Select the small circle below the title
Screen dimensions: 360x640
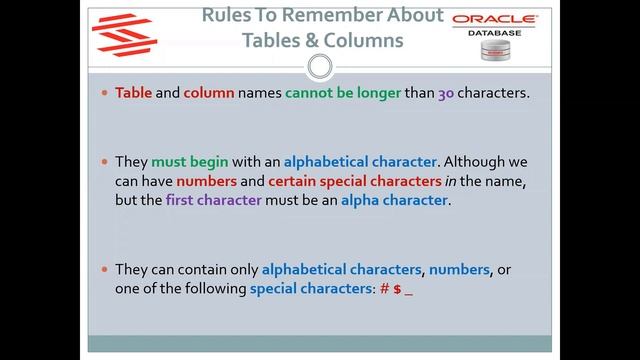(319, 68)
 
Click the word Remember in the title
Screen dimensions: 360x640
(335, 16)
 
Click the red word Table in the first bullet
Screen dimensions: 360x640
(134, 93)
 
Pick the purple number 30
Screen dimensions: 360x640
(449, 93)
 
